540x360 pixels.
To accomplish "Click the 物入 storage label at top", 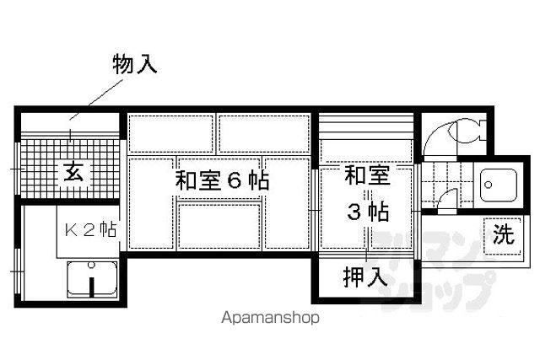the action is pos(135,64).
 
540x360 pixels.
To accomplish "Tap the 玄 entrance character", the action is pos(73,172).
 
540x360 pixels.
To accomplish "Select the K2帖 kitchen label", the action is pos(90,229).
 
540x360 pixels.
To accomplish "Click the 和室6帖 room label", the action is pos(222,180).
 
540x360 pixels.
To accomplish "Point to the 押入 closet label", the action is pos(365,277).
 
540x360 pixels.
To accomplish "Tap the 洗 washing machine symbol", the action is pos(503,236).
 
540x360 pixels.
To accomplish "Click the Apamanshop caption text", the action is pos(270,317).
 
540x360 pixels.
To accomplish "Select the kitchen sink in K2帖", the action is pos(92,279).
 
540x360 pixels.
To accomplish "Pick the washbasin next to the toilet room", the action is pos(499,185).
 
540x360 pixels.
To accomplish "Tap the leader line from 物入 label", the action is pos(96,99).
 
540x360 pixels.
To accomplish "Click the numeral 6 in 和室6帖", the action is pos(235,180).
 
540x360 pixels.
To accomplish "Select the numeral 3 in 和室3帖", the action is pos(354,212).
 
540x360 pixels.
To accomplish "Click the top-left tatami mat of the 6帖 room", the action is pos(170,134).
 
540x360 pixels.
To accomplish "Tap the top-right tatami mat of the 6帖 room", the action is pos(264,134).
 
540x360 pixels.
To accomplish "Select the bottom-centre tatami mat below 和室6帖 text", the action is pos(219,226).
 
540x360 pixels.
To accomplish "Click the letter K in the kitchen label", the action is pos(71,230).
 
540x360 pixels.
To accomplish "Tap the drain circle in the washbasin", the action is pos(488,185).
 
